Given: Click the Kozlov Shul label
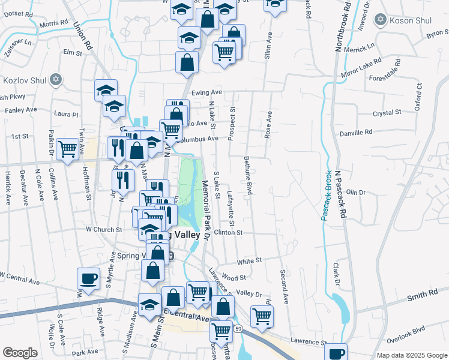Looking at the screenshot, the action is point(24,80).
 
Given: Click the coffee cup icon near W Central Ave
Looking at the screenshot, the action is point(88,278).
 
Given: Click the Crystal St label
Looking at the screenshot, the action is point(387,113).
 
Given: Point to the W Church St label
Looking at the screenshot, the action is point(104,229).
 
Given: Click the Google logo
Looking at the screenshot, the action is point(20,353).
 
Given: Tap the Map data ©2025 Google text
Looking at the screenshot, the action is point(412,355).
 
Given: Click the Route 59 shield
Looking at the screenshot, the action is point(238,329).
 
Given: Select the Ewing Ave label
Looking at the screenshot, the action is point(206,92).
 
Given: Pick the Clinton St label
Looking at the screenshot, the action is point(228,232).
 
